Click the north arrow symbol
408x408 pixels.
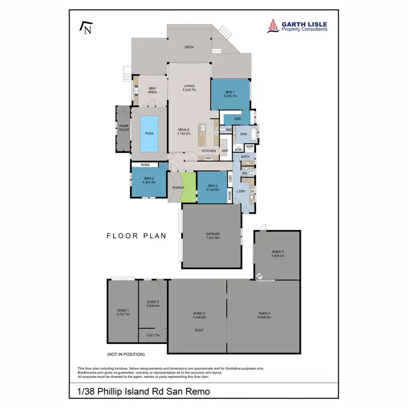(x=85, y=28)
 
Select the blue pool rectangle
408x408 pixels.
(x=149, y=133)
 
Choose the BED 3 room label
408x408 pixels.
(x=213, y=188)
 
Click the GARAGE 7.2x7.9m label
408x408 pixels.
(x=212, y=236)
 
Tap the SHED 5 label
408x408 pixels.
(x=277, y=253)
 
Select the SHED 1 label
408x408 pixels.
(x=122, y=312)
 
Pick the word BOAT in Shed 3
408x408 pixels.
(x=199, y=330)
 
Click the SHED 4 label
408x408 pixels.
(x=264, y=315)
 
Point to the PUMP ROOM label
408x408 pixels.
(x=123, y=128)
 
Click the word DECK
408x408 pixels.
(x=189, y=47)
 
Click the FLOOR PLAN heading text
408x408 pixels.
(x=136, y=236)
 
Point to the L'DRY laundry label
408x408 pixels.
(x=241, y=192)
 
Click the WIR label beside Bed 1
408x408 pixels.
(x=237, y=118)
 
